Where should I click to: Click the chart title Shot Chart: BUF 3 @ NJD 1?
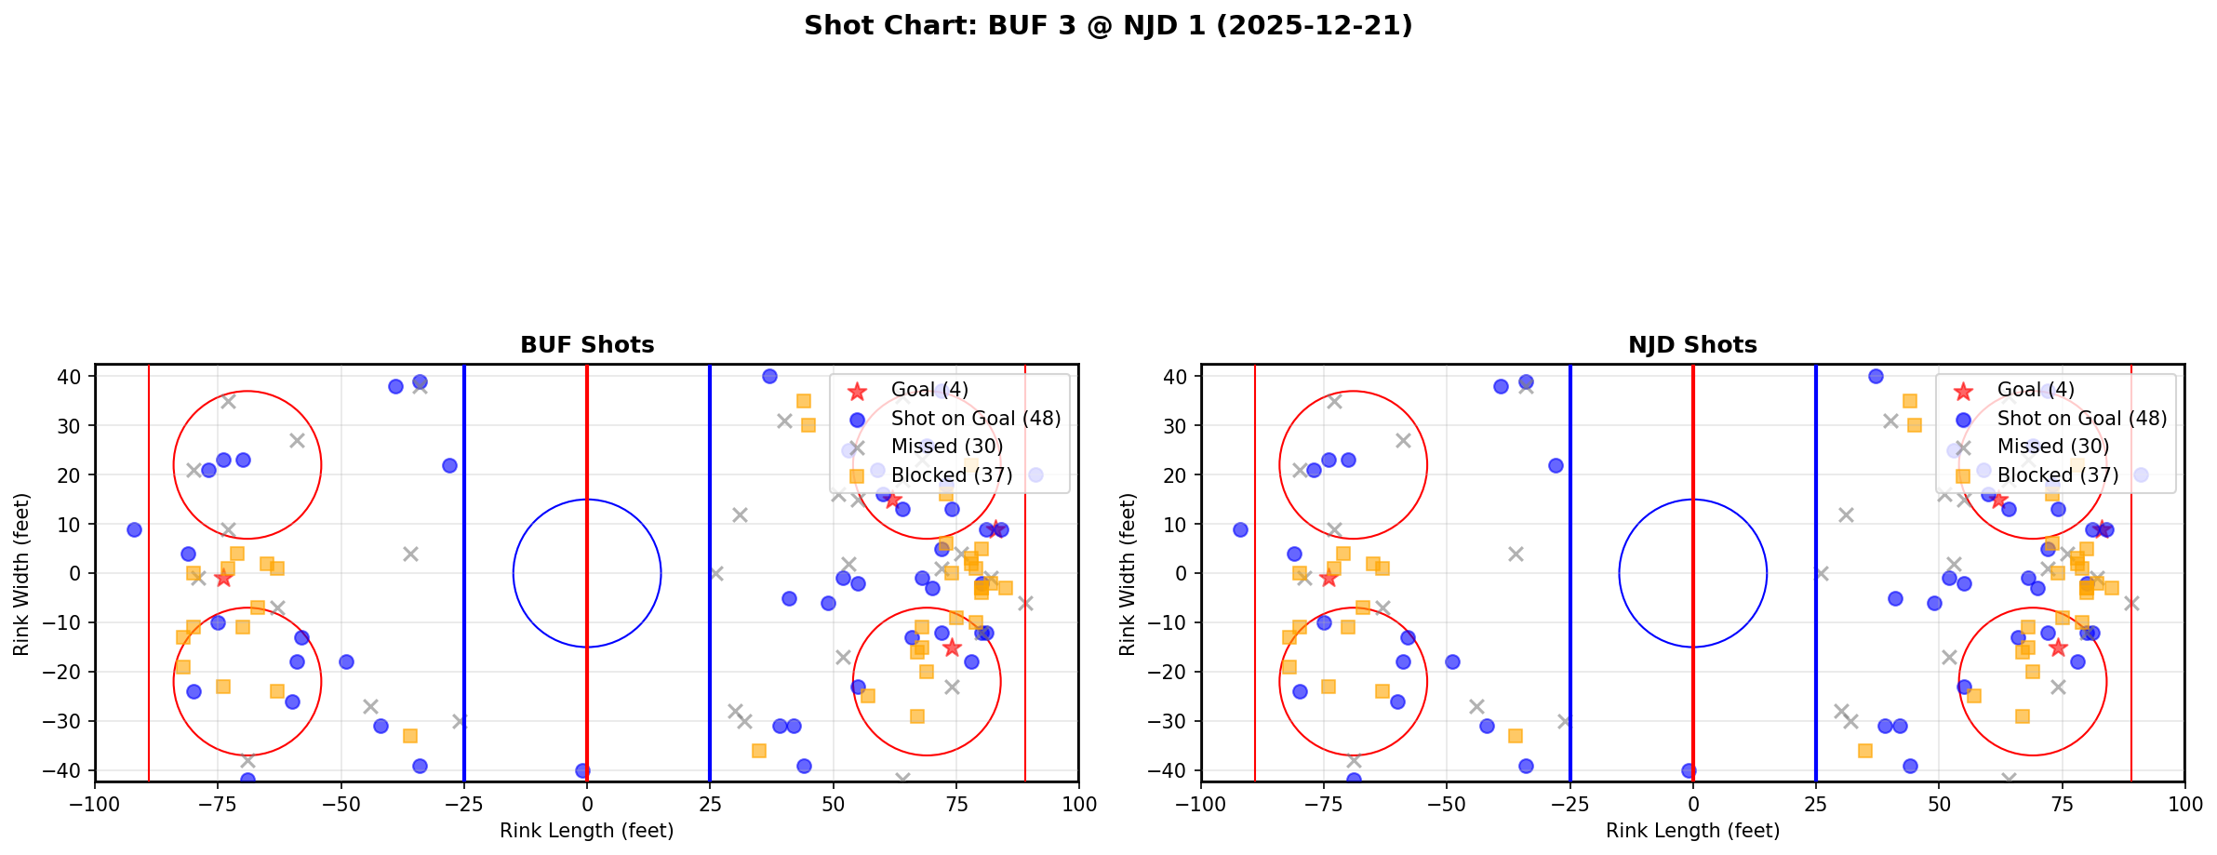(x=1108, y=26)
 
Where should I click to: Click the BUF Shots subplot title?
(x=587, y=345)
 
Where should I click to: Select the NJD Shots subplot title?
(x=1692, y=345)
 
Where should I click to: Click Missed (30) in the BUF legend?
(x=946, y=447)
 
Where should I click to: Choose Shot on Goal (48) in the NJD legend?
(x=2081, y=419)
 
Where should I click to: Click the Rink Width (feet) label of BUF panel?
(x=21, y=574)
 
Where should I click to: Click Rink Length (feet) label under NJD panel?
(x=1692, y=831)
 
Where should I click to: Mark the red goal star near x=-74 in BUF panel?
(x=223, y=579)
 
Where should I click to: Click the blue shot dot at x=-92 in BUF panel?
(x=134, y=529)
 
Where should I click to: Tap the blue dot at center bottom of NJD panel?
(x=1689, y=770)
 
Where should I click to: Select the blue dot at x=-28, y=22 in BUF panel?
(x=449, y=465)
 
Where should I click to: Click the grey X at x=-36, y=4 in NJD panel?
(x=1516, y=554)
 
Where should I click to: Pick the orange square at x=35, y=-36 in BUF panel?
(x=759, y=751)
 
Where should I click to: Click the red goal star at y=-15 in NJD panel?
(x=2058, y=648)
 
